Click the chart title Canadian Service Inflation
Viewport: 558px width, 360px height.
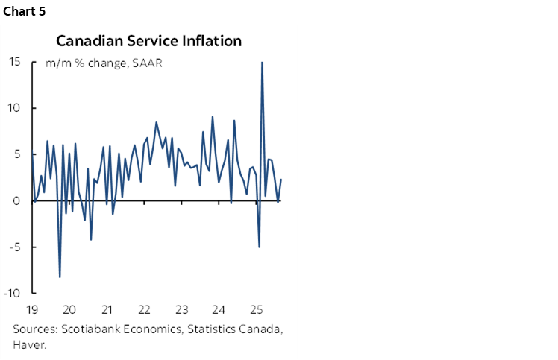coord(148,41)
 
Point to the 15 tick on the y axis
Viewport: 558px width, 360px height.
coord(14,62)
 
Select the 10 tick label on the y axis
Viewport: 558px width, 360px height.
coord(14,108)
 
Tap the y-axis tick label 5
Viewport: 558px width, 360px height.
coord(16,154)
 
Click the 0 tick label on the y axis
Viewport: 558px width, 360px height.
coord(16,200)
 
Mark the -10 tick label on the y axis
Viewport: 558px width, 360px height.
coord(12,293)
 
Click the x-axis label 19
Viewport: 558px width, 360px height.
coord(31,309)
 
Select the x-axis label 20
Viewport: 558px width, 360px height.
coord(69,309)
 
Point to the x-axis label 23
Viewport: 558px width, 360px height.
coord(181,309)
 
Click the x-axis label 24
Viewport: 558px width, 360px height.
coord(218,309)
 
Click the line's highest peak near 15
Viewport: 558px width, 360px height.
coord(262,63)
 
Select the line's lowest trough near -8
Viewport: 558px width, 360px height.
coord(60,277)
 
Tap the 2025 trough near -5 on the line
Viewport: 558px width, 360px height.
coord(259,247)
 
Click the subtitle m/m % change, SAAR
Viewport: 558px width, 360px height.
coord(104,63)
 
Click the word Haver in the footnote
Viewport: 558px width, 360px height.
coord(28,344)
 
